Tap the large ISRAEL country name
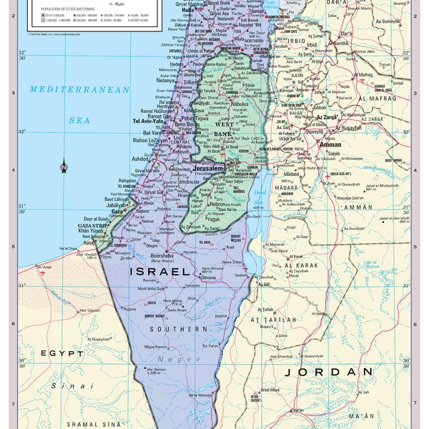pyautogui.click(x=160, y=272)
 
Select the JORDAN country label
pyautogui.click(x=327, y=372)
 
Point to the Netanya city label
pyautogui.click(x=166, y=81)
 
